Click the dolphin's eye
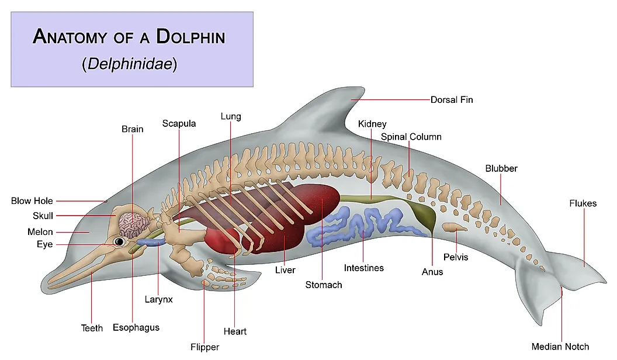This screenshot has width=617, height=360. [119, 241]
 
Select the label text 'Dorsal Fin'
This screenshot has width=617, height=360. [451, 100]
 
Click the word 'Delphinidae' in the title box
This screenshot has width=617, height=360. [130, 64]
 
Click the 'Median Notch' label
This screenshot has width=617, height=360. [560, 347]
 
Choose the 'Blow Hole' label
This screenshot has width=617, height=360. [32, 201]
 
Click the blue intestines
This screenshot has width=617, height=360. [362, 224]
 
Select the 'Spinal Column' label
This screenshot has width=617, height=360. [411, 137]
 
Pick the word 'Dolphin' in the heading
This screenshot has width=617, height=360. [190, 37]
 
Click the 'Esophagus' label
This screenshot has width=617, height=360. [136, 328]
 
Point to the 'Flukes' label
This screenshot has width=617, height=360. [583, 203]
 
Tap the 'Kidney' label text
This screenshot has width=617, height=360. [372, 124]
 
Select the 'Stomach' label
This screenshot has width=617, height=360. [324, 285]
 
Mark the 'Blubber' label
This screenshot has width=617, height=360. [501, 168]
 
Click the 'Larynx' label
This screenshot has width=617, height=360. [158, 299]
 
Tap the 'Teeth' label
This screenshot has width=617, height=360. [92, 328]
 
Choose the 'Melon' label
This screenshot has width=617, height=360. [40, 232]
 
